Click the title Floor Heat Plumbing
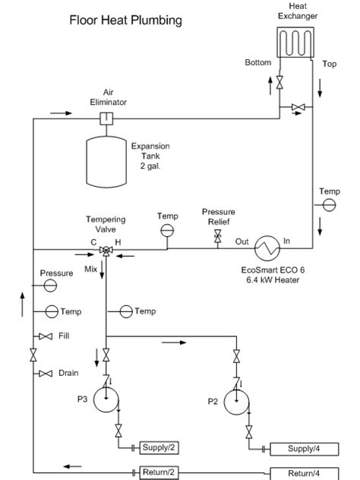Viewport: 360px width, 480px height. (125, 21)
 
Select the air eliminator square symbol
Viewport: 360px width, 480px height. (106, 118)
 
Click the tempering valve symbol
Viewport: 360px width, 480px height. (106, 250)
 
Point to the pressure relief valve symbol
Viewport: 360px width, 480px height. (218, 238)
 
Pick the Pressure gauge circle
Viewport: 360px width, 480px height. (50, 285)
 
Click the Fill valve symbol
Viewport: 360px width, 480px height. (45, 336)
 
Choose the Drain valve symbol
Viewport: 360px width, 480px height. (45, 374)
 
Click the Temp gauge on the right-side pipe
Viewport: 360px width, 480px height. (330, 206)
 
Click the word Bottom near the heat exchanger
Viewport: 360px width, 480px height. (257, 62)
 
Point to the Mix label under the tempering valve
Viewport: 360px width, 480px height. (91, 268)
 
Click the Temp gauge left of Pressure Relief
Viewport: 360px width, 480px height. (167, 230)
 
